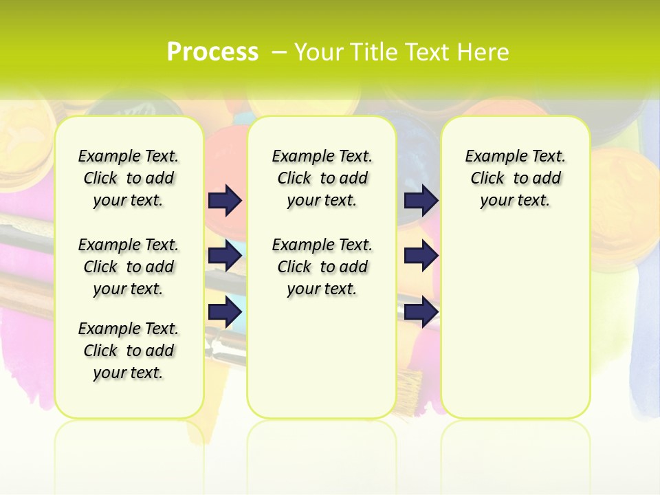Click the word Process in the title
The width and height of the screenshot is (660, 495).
[212, 52]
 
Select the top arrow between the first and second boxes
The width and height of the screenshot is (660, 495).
[225, 200]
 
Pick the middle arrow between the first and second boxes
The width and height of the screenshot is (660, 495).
[225, 256]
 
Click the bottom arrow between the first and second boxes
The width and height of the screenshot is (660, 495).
[225, 311]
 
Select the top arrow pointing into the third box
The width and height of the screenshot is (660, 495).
[421, 200]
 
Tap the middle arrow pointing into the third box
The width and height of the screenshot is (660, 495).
[421, 256]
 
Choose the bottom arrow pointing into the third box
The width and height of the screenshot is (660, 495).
[421, 311]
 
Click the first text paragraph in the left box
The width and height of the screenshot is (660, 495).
[129, 178]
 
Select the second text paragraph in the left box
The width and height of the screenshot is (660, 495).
[129, 267]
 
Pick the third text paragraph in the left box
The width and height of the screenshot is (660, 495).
[129, 351]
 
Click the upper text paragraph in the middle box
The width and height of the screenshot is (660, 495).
[322, 178]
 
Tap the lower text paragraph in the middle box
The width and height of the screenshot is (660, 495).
[322, 267]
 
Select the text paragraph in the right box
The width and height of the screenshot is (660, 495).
[515, 178]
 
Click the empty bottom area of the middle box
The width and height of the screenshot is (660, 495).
[322, 364]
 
